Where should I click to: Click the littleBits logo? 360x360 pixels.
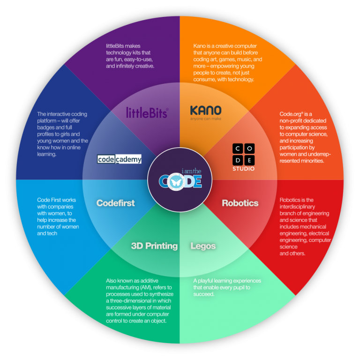(x=147, y=112)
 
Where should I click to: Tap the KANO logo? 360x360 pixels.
(x=206, y=111)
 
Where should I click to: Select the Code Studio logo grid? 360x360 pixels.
(x=244, y=154)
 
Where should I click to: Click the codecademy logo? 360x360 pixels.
(x=120, y=159)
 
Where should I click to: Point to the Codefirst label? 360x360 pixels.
(x=115, y=203)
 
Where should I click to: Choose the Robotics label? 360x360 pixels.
(x=240, y=203)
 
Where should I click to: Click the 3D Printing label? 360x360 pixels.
(x=154, y=246)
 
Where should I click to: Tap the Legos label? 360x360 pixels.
(x=202, y=246)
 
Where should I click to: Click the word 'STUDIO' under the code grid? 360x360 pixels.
(x=244, y=168)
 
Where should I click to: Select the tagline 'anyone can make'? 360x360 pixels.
(x=206, y=119)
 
